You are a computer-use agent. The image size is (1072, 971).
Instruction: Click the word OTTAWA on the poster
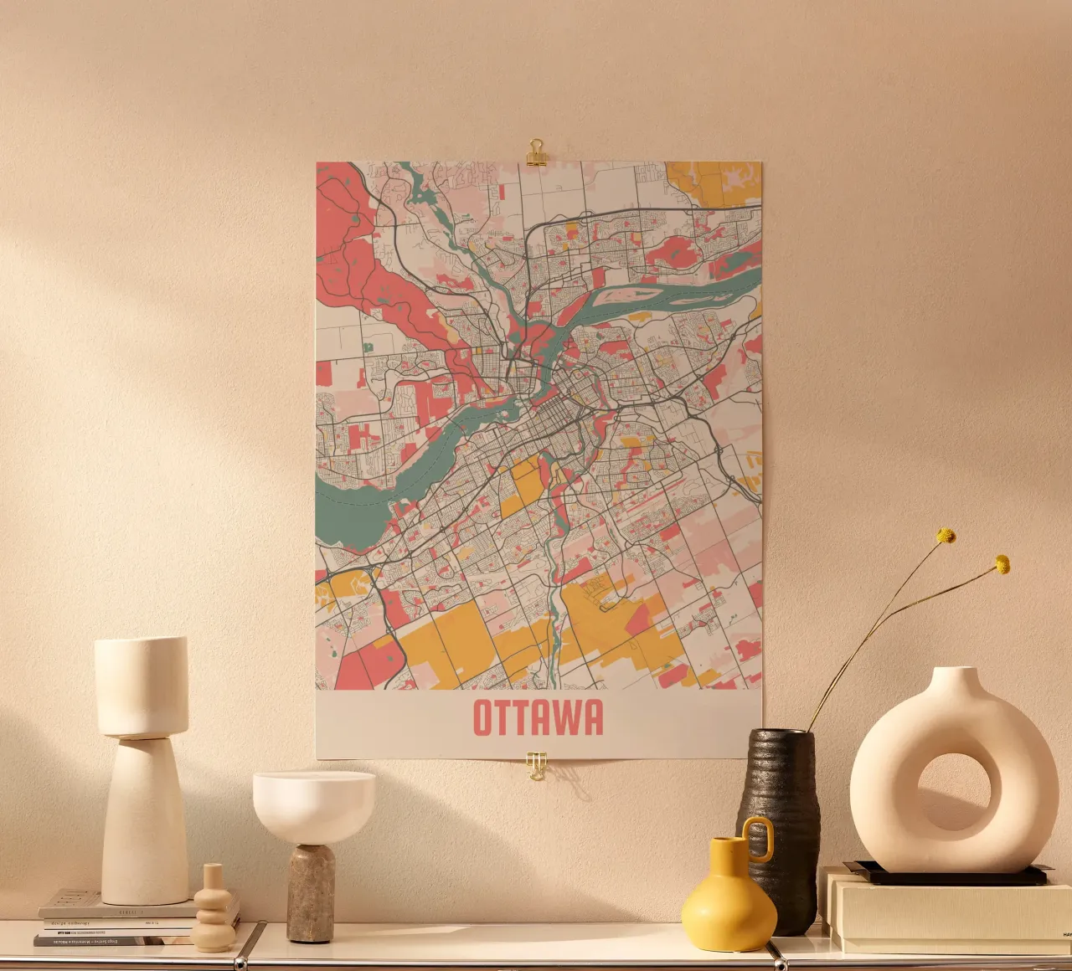coord(538,718)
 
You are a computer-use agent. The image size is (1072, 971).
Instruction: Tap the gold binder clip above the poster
coord(536,152)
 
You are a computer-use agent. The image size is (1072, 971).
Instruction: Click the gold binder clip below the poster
coord(536,764)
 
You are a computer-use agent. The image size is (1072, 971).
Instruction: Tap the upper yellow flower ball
coord(946,536)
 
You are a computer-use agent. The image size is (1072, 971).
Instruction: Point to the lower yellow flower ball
coord(1002,565)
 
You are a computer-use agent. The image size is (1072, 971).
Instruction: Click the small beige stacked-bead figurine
coord(214,912)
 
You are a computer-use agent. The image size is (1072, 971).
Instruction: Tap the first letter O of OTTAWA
coord(484,718)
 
